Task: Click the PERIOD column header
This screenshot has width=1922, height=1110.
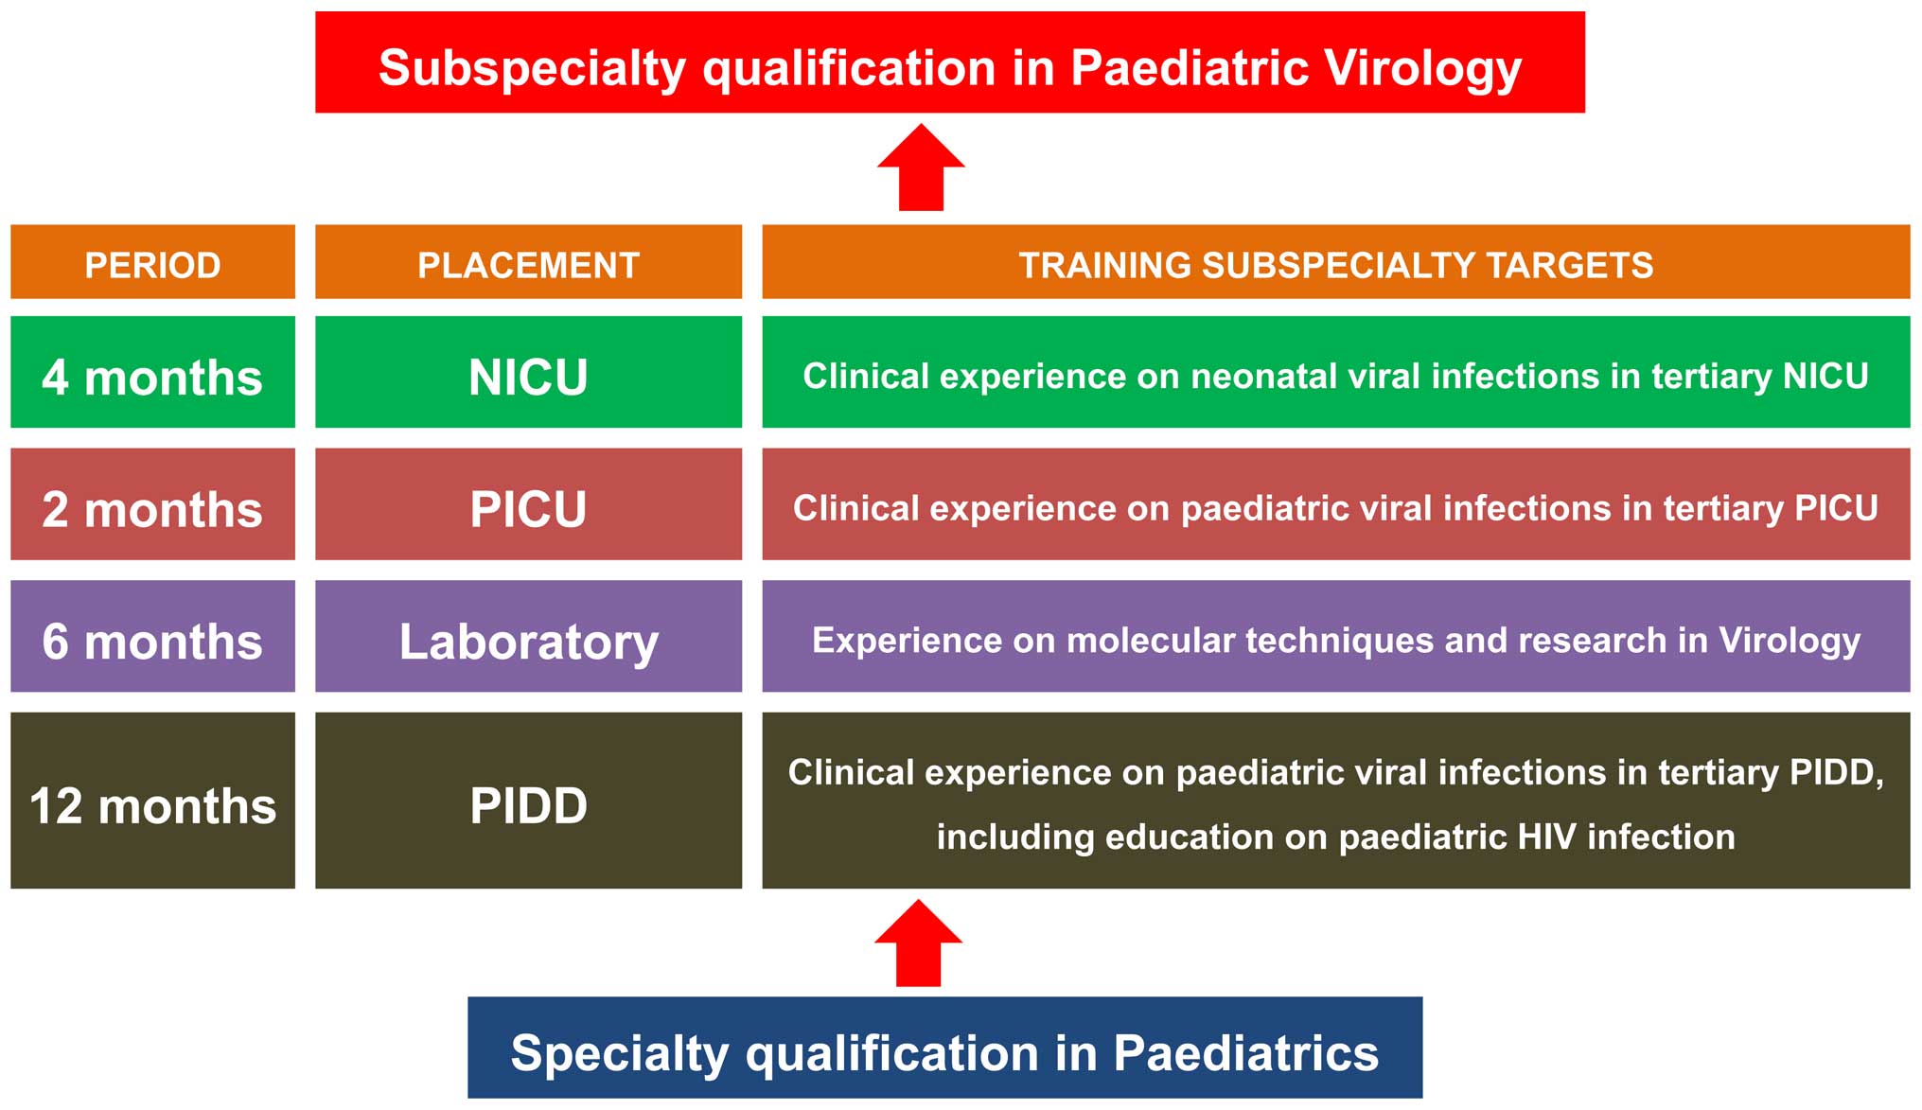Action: (x=152, y=262)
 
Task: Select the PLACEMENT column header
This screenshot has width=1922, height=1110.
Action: (x=528, y=262)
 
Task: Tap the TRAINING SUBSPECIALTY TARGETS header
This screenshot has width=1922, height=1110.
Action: (x=1336, y=262)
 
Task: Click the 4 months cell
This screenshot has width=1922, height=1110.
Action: (x=152, y=372)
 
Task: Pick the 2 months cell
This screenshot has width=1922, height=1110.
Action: (x=152, y=504)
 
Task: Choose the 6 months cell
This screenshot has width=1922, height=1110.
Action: (x=152, y=636)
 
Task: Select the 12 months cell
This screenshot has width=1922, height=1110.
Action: (x=152, y=801)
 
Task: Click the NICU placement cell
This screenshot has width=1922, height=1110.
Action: (x=528, y=372)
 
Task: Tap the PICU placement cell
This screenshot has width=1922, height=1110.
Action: (x=528, y=504)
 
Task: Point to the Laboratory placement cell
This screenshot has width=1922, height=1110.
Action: (x=528, y=636)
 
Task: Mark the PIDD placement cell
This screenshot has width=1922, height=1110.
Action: (x=528, y=801)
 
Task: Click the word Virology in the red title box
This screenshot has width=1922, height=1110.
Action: (x=1422, y=69)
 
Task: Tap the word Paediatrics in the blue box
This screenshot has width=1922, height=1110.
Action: (x=1245, y=1053)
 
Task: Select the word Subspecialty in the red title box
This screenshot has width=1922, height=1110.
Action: (x=532, y=69)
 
